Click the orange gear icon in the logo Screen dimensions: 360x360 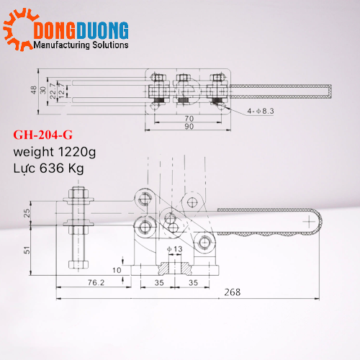pyautogui.click(x=17, y=34)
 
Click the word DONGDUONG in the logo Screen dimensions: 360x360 pyautogui.click(x=81, y=30)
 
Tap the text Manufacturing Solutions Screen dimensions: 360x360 pyautogui.click(x=81, y=45)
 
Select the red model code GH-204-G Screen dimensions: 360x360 pyautogui.click(x=43, y=135)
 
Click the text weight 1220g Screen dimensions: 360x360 pyautogui.click(x=54, y=152)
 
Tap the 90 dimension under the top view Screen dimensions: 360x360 pyautogui.click(x=189, y=127)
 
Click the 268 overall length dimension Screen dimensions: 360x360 pyautogui.click(x=232, y=292)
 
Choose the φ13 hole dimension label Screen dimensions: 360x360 pyautogui.click(x=175, y=249)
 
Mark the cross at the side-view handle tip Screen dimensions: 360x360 pyautogui.click(x=310, y=223)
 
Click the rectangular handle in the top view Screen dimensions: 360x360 pyautogui.click(x=281, y=91)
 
